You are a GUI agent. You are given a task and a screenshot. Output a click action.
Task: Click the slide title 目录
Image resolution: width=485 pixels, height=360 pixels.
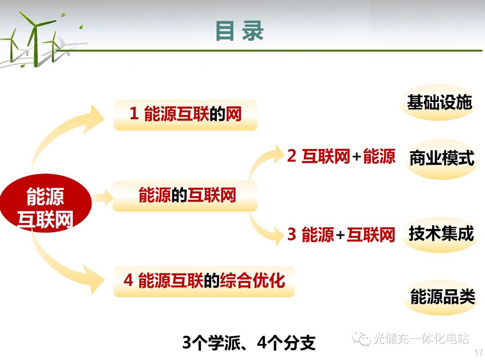click(x=239, y=31)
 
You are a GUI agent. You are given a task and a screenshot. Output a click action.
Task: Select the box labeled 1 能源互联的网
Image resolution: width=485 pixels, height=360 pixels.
click(x=185, y=115)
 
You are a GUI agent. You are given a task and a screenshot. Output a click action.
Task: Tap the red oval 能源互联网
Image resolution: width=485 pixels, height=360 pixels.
click(x=46, y=203)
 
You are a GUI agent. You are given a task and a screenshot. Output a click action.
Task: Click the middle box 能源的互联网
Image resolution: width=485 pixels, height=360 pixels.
click(x=185, y=196)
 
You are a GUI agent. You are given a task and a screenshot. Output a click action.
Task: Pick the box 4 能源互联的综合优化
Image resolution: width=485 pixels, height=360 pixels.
click(x=204, y=281)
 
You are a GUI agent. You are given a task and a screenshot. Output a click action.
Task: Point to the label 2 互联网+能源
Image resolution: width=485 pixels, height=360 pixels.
click(x=341, y=156)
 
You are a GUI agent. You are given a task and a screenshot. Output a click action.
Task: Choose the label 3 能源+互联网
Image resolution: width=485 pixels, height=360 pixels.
click(x=341, y=234)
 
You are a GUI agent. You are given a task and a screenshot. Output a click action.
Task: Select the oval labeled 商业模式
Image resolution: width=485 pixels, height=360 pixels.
click(x=442, y=158)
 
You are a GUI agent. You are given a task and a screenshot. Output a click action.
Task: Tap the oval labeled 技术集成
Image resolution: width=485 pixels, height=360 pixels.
click(x=441, y=234)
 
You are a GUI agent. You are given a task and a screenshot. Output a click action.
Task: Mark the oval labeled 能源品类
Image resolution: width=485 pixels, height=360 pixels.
click(x=443, y=297)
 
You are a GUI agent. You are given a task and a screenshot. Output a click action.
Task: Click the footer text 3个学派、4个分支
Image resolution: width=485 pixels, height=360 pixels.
click(x=249, y=342)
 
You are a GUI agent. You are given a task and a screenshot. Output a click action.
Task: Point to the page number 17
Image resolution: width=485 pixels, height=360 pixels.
click(x=479, y=352)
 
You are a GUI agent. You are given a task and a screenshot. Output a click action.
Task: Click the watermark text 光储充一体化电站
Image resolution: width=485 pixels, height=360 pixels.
click(x=421, y=338)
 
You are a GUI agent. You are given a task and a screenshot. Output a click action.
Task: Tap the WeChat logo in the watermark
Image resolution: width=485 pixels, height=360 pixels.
click(x=361, y=338)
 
